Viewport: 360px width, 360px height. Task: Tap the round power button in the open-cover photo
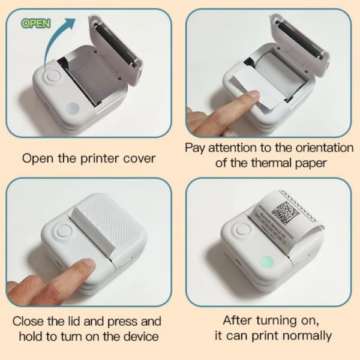click(52, 79)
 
